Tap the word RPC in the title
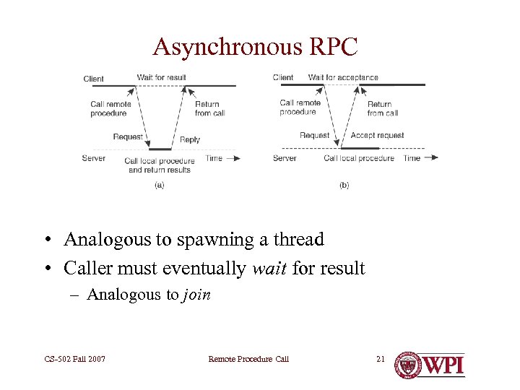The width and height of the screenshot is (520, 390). [x=331, y=47]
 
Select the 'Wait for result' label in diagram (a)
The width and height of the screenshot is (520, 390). [x=161, y=77]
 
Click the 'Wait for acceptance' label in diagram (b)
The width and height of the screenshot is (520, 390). [x=343, y=77]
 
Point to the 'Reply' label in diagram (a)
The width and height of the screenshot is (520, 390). [x=190, y=139]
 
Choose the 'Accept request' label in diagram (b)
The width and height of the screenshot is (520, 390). [x=377, y=135]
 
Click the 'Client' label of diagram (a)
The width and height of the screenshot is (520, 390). [x=93, y=79]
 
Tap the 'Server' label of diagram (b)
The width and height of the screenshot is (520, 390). [x=285, y=158]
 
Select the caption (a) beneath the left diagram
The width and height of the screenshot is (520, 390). [x=159, y=185]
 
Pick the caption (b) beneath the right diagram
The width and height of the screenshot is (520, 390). [x=344, y=185]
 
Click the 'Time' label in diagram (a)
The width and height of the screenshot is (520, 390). [x=214, y=158]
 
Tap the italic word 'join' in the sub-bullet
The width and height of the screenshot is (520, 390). [x=196, y=294]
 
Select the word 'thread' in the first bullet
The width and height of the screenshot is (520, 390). [x=297, y=239]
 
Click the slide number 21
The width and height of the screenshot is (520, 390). [x=381, y=359]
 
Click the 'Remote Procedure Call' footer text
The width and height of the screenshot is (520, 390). [x=248, y=359]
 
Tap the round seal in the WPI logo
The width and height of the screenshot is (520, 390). [x=407, y=365]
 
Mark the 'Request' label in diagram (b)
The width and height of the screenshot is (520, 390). [x=314, y=135]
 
